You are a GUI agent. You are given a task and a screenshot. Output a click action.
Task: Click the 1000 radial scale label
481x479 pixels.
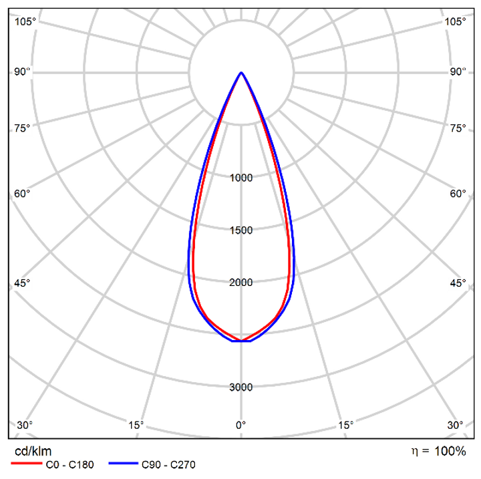241,178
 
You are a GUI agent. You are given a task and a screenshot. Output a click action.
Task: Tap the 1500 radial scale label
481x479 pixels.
241,230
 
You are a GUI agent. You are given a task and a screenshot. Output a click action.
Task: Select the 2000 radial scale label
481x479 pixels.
241,283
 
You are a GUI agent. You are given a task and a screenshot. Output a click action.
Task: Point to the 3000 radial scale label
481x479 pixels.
241,387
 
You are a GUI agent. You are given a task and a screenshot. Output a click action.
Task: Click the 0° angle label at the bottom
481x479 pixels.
241,425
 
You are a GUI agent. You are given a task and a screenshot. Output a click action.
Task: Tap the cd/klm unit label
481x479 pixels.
33,452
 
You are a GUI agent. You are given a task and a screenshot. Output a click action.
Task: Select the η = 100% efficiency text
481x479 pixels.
438,452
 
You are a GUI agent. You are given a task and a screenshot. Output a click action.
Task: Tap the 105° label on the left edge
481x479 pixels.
25,21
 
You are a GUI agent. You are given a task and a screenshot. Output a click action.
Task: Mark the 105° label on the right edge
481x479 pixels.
456,21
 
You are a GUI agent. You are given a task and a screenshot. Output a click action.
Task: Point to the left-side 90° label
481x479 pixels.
23,71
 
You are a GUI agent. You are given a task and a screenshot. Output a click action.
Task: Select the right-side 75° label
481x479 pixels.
458,128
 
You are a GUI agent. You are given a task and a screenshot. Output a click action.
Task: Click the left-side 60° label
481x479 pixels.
23,194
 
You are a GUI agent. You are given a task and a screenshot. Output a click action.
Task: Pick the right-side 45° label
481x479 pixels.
458,283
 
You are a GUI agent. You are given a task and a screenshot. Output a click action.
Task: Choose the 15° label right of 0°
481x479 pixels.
345,425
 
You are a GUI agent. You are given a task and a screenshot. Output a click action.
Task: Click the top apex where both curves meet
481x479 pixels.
241,72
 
